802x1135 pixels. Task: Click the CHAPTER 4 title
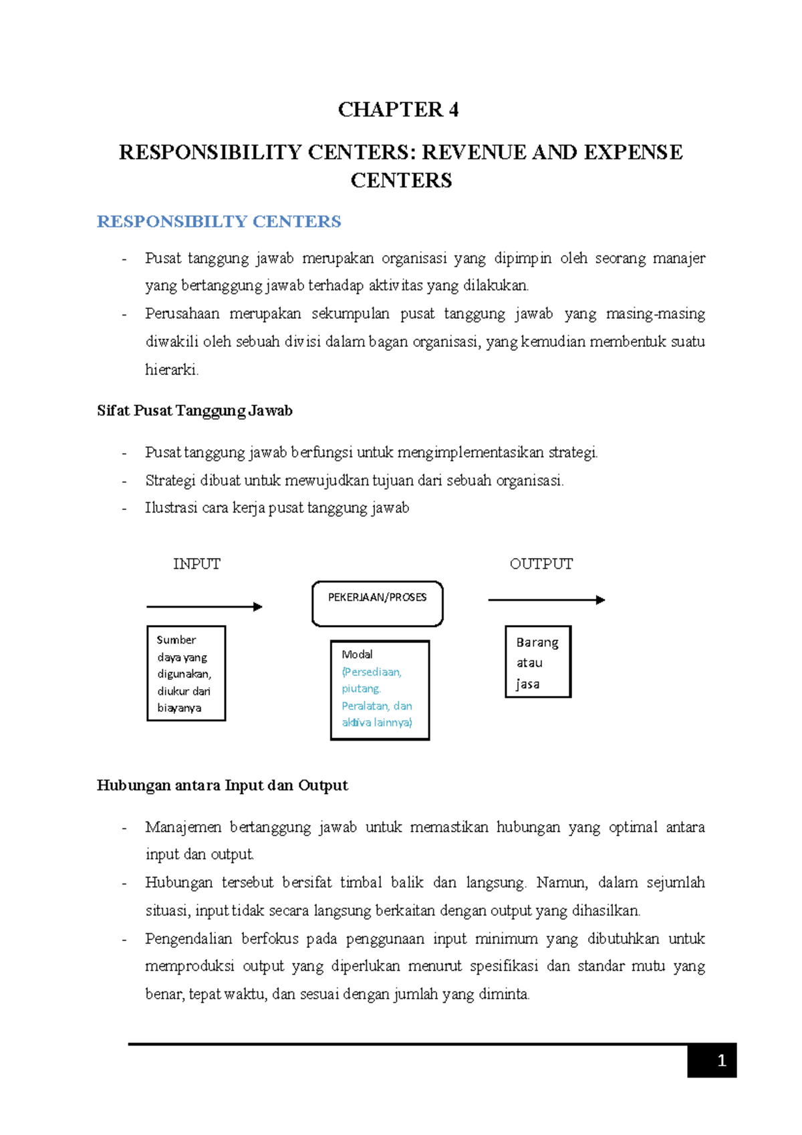[x=398, y=110]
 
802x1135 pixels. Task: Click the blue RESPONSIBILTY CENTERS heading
[x=219, y=222]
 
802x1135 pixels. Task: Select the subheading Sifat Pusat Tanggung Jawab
[x=194, y=411]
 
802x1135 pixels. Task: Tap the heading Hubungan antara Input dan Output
[x=222, y=785]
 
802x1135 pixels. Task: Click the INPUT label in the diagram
[x=196, y=564]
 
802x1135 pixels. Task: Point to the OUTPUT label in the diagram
[x=541, y=564]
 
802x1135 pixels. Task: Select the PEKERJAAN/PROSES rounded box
[x=377, y=604]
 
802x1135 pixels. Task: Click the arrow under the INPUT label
[x=204, y=607]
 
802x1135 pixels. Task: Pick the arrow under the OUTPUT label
[x=546, y=600]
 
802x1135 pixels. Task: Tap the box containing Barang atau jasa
[x=538, y=662]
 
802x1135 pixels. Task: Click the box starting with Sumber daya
[x=186, y=673]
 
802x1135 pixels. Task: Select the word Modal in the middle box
[x=357, y=654]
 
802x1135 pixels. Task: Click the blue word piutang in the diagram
[x=361, y=688]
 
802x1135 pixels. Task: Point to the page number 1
[x=721, y=1061]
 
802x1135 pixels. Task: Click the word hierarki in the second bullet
[x=171, y=370]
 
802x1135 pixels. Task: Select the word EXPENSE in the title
[x=633, y=152]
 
